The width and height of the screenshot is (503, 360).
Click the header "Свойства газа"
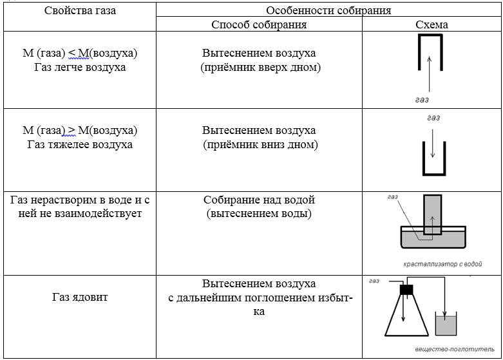[80, 10]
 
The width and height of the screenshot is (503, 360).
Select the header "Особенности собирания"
[328, 10]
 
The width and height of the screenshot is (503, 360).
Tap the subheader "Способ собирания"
[259, 24]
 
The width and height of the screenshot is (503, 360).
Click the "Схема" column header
[432, 24]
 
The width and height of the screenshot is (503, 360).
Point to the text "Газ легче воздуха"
[80, 68]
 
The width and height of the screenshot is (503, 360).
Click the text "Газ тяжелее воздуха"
[80, 145]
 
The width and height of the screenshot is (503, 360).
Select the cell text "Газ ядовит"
[80, 297]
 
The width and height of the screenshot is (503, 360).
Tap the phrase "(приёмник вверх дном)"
[260, 68]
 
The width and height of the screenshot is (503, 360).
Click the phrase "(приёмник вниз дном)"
[260, 145]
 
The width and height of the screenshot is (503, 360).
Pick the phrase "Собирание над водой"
[259, 200]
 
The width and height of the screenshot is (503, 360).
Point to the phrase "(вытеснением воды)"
[259, 214]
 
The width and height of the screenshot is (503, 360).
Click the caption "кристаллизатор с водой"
[442, 264]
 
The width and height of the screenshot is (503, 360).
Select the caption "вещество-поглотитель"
[455, 349]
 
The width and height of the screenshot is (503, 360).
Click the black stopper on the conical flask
[406, 290]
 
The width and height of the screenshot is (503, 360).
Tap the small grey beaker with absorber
[446, 324]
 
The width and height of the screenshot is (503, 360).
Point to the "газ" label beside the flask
[374, 281]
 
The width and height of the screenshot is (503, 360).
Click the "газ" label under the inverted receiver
[422, 100]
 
